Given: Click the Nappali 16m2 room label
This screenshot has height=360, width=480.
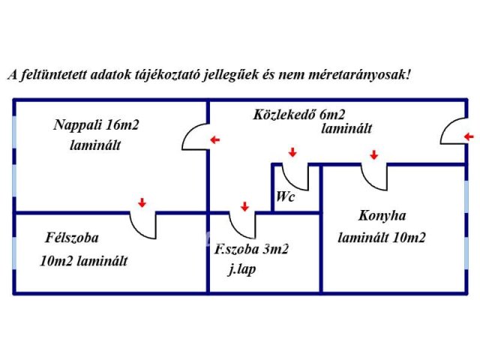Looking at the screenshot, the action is pyautogui.click(x=96, y=125).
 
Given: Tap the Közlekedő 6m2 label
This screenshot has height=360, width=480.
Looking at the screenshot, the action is pyautogui.click(x=299, y=115).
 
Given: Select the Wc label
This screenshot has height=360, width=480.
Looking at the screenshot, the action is pyautogui.click(x=285, y=196).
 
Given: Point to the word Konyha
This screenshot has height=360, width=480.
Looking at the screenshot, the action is pyautogui.click(x=382, y=216).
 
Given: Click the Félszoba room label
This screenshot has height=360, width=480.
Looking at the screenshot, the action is pyautogui.click(x=72, y=238).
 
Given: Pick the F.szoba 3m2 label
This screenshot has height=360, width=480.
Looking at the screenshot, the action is pyautogui.click(x=251, y=249).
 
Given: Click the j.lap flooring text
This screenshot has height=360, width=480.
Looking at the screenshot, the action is pyautogui.click(x=241, y=270).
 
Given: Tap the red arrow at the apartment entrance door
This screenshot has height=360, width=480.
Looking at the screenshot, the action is pyautogui.click(x=469, y=136).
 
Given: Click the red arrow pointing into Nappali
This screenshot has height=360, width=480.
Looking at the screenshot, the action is pyautogui.click(x=215, y=140).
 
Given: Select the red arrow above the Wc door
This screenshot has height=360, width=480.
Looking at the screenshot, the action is pyautogui.click(x=292, y=152).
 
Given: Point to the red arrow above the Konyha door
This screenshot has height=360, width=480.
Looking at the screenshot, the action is pyautogui.click(x=373, y=154).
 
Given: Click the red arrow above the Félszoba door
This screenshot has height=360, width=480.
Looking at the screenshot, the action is pyautogui.click(x=142, y=202).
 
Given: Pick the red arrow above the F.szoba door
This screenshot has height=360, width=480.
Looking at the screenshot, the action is pyautogui.click(x=244, y=206).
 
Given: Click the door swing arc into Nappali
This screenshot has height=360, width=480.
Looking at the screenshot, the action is pyautogui.click(x=190, y=131).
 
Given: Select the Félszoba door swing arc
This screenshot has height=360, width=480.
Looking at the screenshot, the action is pyautogui.click(x=138, y=232).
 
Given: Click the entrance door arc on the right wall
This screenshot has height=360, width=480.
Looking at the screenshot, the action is pyautogui.click(x=448, y=125).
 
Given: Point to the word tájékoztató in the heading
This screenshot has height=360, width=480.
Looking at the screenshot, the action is pyautogui.click(x=167, y=75).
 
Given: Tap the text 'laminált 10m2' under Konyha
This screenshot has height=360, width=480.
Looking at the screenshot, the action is pyautogui.click(x=382, y=238).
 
